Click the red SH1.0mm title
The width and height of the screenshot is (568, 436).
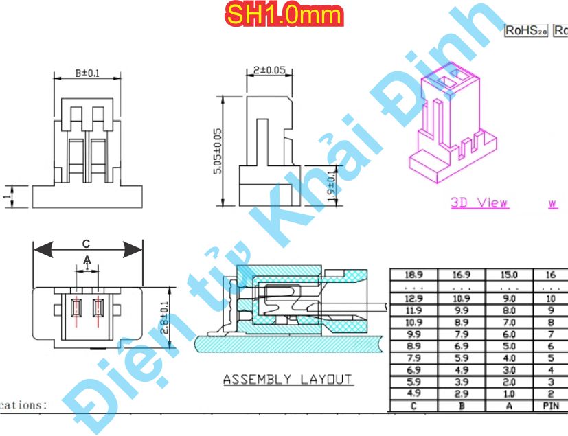pyautogui.click(x=284, y=15)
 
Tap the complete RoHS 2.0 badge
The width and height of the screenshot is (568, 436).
pyautogui.click(x=526, y=30)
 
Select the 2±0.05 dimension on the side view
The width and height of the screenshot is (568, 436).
pyautogui.click(x=269, y=71)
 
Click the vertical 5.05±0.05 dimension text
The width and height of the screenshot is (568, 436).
pyautogui.click(x=218, y=151)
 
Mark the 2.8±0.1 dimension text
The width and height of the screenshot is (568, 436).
pyautogui.click(x=163, y=317)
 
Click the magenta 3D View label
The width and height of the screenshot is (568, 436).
pyautogui.click(x=479, y=203)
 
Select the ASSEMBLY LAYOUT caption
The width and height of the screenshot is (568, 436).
pyautogui.click(x=287, y=379)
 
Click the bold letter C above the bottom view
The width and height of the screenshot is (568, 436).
pyautogui.click(x=86, y=244)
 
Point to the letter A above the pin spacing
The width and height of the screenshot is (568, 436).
pyautogui.click(x=87, y=260)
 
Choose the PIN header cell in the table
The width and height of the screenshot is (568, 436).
pyautogui.click(x=550, y=406)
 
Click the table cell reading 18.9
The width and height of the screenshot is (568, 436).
pyautogui.click(x=413, y=274)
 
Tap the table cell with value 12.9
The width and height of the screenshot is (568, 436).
pyautogui.click(x=413, y=299)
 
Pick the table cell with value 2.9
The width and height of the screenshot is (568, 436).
pyautogui.click(x=462, y=394)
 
